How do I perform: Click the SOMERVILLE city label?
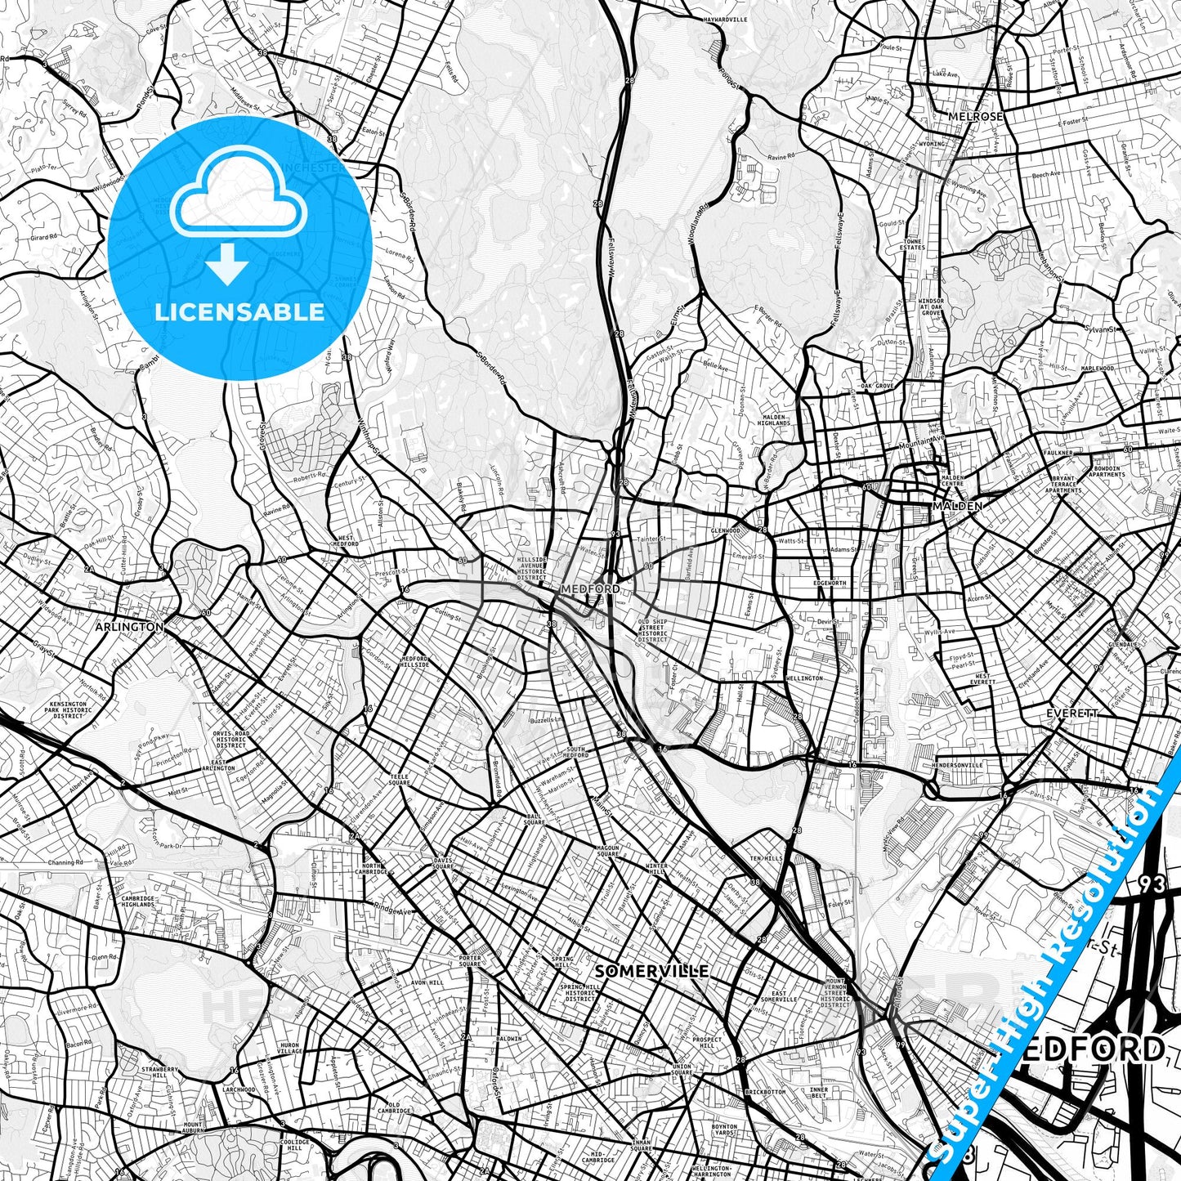[651, 971]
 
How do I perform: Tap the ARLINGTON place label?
[129, 627]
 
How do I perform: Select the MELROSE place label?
[975, 117]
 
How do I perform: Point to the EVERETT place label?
[1072, 714]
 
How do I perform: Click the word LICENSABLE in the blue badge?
[239, 311]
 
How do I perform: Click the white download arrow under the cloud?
[227, 266]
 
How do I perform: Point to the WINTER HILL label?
[656, 870]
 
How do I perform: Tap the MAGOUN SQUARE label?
[607, 851]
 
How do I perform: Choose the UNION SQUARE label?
[682, 1069]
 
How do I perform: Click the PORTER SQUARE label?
[470, 960]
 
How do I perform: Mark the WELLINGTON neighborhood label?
[804, 678]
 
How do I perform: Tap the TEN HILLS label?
[766, 859]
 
